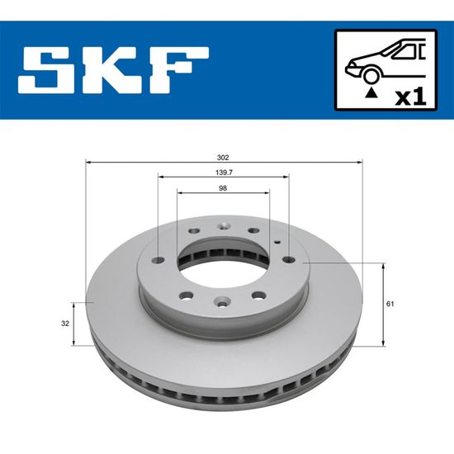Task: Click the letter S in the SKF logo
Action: click(50, 70)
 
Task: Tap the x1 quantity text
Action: click(411, 97)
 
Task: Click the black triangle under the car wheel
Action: click(371, 93)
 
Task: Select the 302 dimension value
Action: click(223, 158)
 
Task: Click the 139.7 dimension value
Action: click(224, 173)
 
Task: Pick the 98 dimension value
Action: click(223, 188)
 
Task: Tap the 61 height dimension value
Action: click(390, 304)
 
